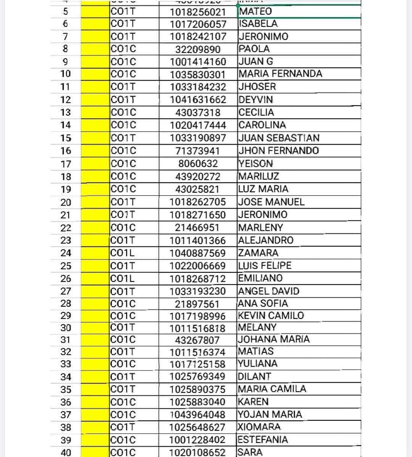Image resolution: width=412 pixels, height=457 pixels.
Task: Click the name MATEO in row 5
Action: pos(255,11)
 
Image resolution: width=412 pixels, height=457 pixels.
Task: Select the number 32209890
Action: pos(198,49)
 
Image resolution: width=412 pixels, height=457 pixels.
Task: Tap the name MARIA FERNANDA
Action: pos(280,74)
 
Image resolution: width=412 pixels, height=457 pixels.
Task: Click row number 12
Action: pos(66,100)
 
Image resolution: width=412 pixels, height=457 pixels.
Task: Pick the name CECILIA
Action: pos(256,113)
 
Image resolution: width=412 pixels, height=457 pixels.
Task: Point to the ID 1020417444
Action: pos(198,125)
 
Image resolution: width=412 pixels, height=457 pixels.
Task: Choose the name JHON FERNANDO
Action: pos(278,151)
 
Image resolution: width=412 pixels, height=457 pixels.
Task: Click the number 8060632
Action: pos(198,164)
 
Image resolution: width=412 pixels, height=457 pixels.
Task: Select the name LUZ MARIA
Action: pos(263,189)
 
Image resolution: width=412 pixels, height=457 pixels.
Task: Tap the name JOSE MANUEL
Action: pos(271,202)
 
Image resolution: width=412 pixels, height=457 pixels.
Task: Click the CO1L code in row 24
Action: pos(122,253)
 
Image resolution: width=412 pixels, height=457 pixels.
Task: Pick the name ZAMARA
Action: pos(258,253)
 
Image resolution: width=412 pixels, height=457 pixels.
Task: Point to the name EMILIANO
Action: pos(261,278)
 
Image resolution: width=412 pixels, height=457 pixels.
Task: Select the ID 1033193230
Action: pos(198,291)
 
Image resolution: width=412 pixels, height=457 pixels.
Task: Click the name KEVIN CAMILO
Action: pos(271,315)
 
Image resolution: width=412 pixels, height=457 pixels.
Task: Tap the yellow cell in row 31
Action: pos(95,340)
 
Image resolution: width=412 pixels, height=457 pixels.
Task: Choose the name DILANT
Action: pos(254,377)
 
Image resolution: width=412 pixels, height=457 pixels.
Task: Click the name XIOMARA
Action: pos(259,427)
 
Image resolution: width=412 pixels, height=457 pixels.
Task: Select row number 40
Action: pos(66,452)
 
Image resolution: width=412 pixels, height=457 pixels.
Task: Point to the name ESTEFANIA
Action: pos(262,440)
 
